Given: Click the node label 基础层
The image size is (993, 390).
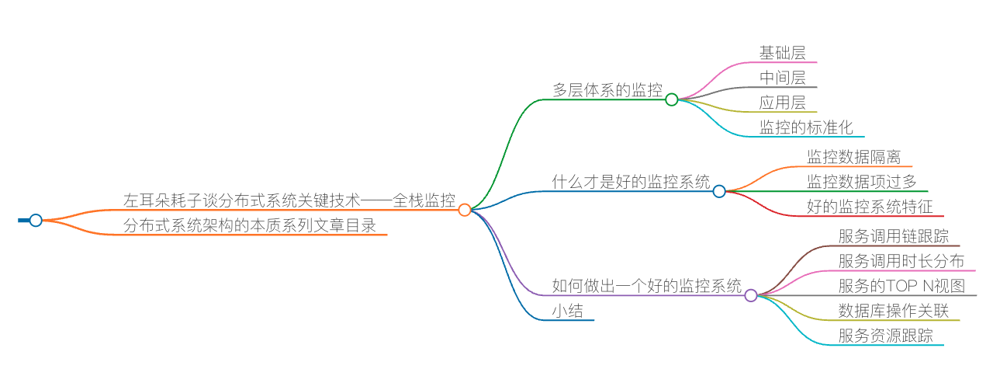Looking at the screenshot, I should [782, 53].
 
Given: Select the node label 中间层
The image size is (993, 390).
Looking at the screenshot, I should [782, 78].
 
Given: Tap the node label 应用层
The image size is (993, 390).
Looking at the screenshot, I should [782, 103].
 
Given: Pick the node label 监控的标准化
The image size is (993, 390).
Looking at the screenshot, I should [806, 127].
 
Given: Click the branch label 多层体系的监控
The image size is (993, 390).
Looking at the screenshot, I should [607, 90].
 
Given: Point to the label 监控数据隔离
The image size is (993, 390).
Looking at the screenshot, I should [853, 157].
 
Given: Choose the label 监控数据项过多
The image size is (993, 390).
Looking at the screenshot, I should [861, 182].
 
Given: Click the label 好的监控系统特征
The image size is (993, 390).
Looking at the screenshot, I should [870, 207].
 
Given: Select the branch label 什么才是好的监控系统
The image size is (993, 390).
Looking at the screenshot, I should [631, 182].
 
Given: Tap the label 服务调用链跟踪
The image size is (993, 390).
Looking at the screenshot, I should [893, 236].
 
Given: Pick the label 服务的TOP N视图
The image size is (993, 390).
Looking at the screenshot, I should [901, 286].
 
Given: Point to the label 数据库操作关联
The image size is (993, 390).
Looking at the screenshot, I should [893, 311].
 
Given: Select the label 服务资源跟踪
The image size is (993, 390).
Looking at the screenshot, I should [885, 336].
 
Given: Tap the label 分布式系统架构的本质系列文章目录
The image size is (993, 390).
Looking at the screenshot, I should [250, 225].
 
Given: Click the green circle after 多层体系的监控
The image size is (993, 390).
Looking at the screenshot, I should [672, 99].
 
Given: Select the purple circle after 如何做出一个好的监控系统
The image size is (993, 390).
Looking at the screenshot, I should [751, 295].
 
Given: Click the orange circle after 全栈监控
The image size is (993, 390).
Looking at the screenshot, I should [465, 210].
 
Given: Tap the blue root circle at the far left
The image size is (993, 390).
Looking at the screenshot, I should [36, 221].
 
